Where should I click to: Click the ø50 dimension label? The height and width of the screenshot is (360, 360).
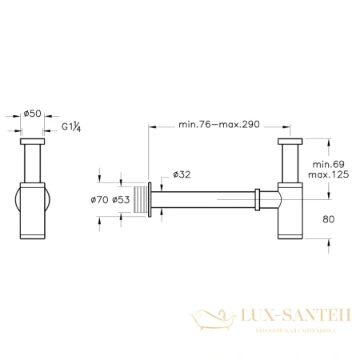point(32,114)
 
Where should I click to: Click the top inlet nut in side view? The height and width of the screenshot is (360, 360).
point(289,145)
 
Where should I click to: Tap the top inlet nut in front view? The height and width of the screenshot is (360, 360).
point(32,145)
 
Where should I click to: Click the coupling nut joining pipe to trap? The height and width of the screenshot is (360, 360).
point(257,197)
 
